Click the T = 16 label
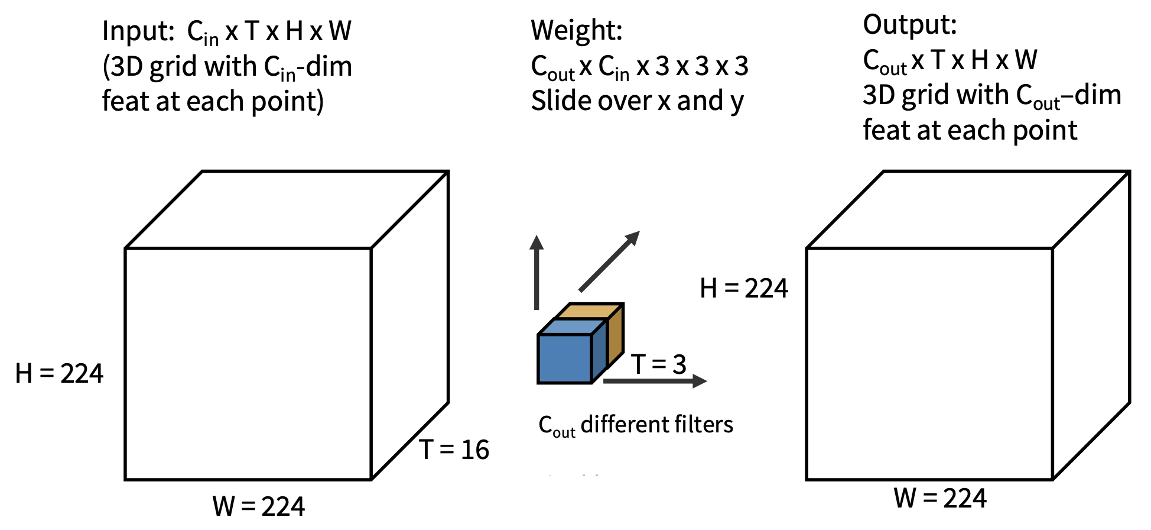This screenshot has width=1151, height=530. pos(454,450)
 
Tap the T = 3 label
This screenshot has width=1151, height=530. pos(658,364)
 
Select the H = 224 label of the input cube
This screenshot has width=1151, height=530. pos(59,374)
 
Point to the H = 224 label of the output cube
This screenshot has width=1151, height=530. pos(743,289)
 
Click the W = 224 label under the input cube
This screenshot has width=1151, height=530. pos(259,506)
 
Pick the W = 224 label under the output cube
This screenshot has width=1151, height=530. pos(939,498)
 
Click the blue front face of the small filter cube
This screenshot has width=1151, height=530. pos(565,358)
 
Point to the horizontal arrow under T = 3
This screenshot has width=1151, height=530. pos(655,381)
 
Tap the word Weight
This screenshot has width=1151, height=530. pos(576,31)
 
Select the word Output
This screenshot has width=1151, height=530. pos(909,25)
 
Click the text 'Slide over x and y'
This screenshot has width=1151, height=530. pos(637,101)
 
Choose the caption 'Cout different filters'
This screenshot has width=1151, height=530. pos(636,425)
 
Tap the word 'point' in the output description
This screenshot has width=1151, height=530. pos(1045,131)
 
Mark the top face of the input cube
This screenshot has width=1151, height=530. pos(287,209)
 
